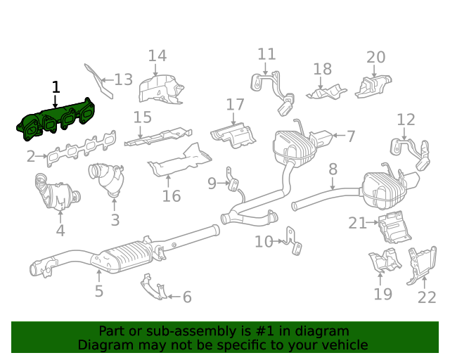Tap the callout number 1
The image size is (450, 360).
pos(56,87)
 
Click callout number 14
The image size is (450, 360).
pos(157,56)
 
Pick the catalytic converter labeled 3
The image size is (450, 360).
pos(107,179)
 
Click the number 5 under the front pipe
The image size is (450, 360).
pos(98,290)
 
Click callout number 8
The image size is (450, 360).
pos(333,169)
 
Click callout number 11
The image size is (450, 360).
pos(266,54)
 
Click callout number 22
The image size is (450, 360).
pos(426,297)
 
